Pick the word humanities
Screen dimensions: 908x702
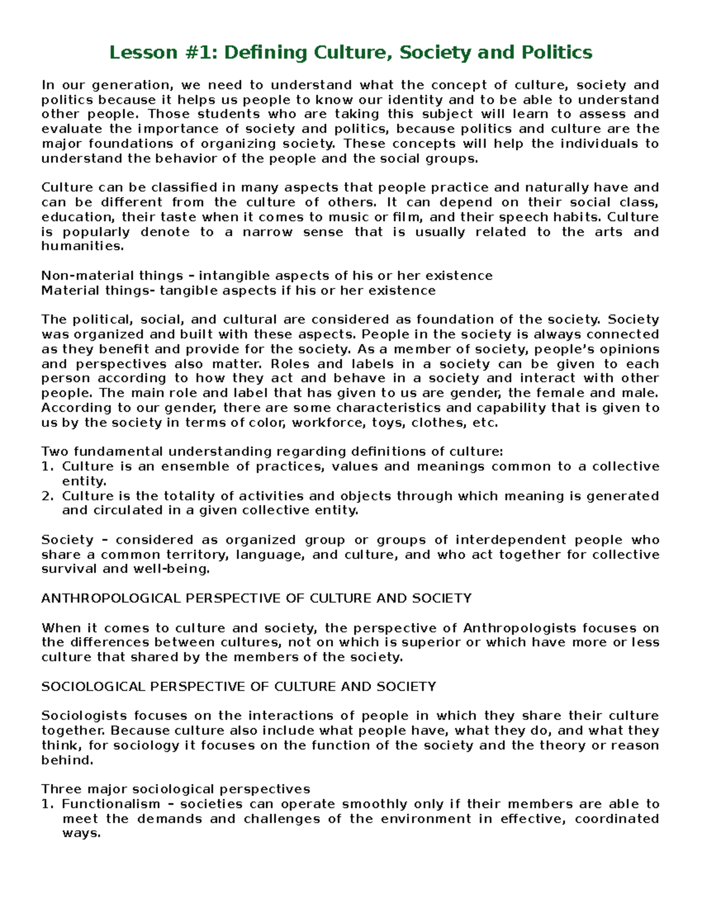click(x=82, y=247)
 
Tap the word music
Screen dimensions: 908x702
click(x=335, y=217)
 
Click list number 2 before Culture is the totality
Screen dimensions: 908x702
click(x=47, y=496)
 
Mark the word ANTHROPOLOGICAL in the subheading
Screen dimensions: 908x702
click(x=112, y=599)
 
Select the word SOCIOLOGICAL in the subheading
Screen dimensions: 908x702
click(x=94, y=686)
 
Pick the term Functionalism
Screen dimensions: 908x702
click(x=111, y=804)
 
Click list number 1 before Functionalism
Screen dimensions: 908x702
click(x=47, y=804)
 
